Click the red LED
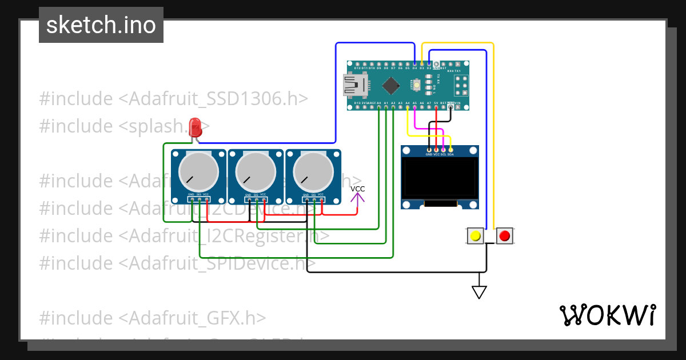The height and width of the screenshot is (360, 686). click(x=195, y=126)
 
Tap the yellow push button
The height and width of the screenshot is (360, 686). click(x=474, y=235)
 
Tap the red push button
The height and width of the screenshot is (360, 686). click(x=504, y=235)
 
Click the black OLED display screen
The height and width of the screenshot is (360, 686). click(x=439, y=178)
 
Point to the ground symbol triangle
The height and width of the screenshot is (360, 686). click(x=479, y=292)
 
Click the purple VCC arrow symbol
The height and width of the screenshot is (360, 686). click(x=358, y=198)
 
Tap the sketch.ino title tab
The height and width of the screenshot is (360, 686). click(x=101, y=25)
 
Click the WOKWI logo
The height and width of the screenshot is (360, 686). click(x=607, y=315)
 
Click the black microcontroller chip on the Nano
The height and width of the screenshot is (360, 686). click(x=390, y=86)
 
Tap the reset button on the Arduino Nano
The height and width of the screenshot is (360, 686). click(x=417, y=86)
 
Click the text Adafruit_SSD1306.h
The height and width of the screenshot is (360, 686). click(x=213, y=98)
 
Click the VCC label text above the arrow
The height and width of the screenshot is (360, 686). click(x=358, y=189)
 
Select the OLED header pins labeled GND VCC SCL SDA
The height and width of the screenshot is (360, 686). click(x=439, y=150)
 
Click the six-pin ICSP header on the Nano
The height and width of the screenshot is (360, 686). click(x=460, y=86)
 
